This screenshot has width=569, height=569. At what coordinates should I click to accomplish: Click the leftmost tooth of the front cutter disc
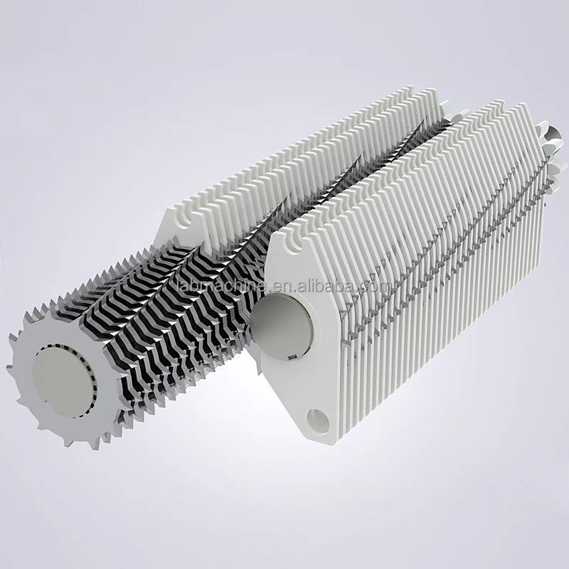tap(10, 367)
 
